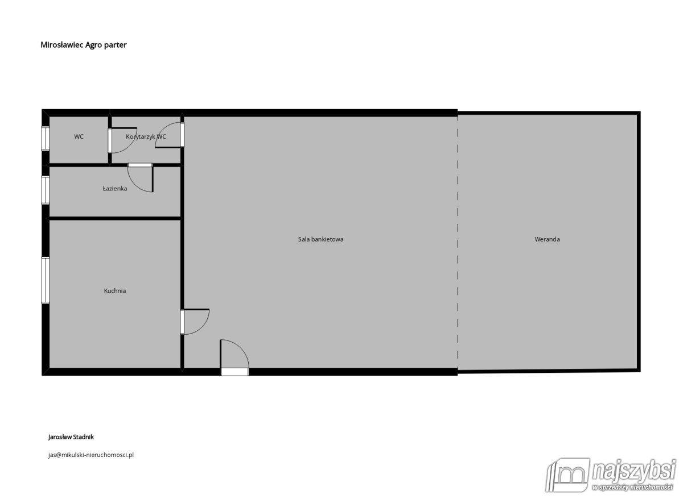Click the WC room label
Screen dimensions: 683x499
[x=79, y=137]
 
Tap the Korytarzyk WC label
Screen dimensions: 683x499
[x=146, y=137]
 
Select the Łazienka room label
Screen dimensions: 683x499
[x=114, y=189]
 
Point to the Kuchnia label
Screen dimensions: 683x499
[x=114, y=291]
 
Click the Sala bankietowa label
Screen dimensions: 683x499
[x=320, y=239]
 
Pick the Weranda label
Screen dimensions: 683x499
[x=547, y=239]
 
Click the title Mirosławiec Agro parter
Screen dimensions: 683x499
[x=84, y=45]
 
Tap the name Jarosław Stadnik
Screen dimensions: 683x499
[x=71, y=437]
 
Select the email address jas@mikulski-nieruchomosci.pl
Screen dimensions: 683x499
[x=91, y=455]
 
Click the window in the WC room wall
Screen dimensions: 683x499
[x=46, y=139]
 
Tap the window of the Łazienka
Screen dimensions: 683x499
[x=46, y=190]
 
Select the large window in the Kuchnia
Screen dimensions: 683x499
[x=46, y=280]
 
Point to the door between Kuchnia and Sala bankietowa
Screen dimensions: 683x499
[x=195, y=322]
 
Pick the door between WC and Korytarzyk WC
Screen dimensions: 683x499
[x=122, y=140]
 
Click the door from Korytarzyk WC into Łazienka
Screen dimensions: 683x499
[x=140, y=177]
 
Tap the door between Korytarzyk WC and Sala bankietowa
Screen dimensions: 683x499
[x=170, y=135]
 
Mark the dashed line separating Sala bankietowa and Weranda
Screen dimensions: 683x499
[x=458, y=242]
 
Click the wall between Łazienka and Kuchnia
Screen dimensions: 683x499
[x=114, y=218]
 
